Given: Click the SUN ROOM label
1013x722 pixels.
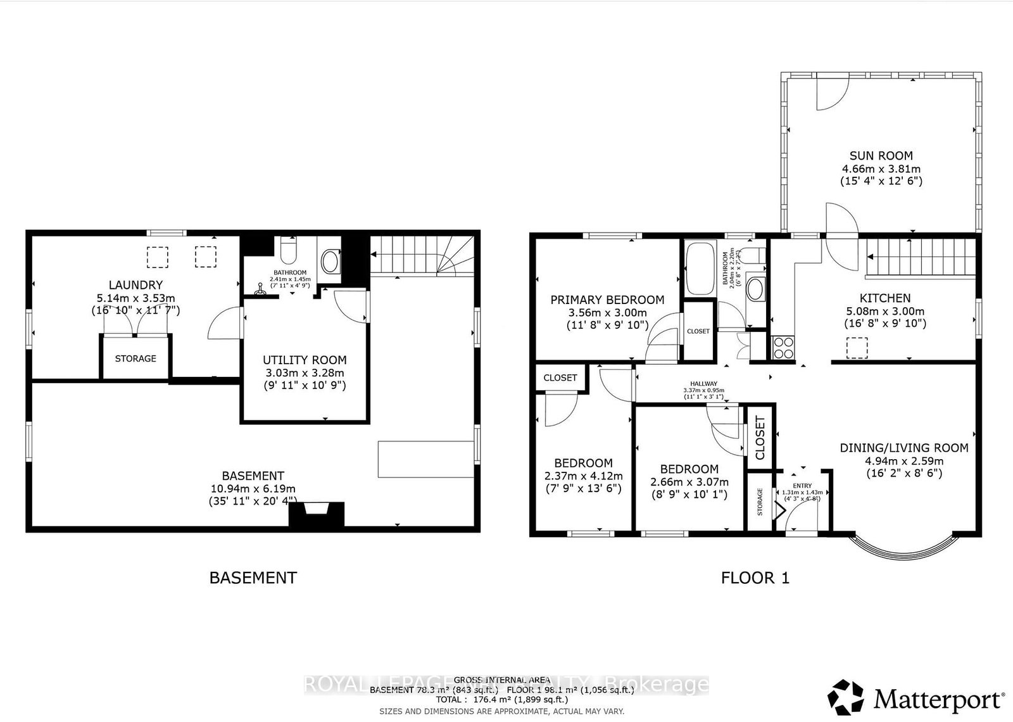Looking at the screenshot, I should (881, 155).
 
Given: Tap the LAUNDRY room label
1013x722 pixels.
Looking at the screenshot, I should (135, 285).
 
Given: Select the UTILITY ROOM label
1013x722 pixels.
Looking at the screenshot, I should (305, 360).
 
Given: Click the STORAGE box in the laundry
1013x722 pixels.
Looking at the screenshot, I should (135, 358).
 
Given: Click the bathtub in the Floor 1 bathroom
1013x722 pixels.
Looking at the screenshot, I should (699, 268).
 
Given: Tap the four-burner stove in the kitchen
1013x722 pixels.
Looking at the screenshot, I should (783, 348).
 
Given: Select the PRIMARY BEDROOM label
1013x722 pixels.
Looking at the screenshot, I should (607, 300).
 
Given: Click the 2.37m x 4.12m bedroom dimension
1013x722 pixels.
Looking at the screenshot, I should (583, 476).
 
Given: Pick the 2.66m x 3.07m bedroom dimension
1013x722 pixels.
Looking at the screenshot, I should (689, 482).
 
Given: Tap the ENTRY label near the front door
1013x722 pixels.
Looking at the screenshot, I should (802, 486).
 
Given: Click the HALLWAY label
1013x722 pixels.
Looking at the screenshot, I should (703, 384).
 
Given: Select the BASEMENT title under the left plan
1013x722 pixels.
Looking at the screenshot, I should (253, 578).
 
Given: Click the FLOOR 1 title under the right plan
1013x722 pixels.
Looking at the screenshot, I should (755, 578).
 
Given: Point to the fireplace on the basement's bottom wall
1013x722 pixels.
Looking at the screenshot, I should (317, 512).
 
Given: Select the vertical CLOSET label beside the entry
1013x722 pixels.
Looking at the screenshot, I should (760, 438).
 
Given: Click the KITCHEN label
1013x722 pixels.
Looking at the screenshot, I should (884, 298).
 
